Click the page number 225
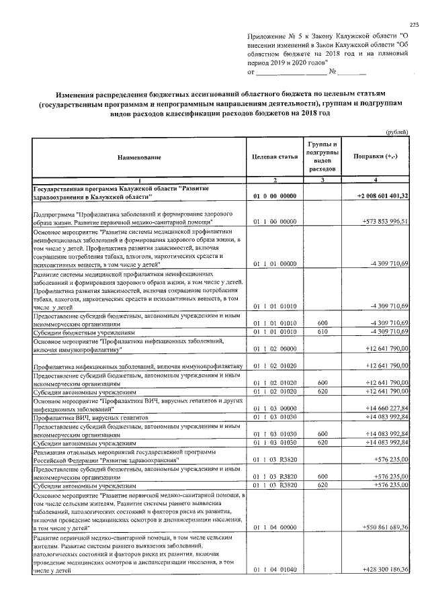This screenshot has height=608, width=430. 414,25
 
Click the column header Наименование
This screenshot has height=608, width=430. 139,157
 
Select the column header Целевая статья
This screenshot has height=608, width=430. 275,157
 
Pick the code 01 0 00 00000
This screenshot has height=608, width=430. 275,196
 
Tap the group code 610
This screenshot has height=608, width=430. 322,332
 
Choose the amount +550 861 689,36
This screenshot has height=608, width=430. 384,528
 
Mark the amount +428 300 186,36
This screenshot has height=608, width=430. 384,570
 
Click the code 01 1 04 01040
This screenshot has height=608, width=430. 275,570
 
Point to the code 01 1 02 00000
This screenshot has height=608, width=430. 275,349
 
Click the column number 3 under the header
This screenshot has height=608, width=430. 322,180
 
